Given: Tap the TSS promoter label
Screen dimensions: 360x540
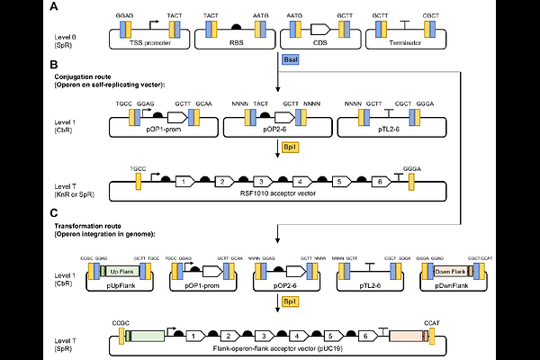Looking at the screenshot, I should pyautogui.click(x=148, y=42).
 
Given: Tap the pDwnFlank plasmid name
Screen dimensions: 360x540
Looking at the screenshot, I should pyautogui.click(x=449, y=285).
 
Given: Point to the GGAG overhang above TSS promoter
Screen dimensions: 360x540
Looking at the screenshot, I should pyautogui.click(x=123, y=16).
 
